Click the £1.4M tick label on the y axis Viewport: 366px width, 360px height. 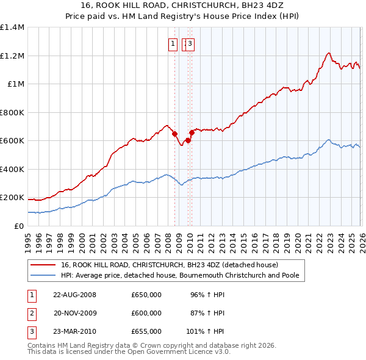tap(12, 27)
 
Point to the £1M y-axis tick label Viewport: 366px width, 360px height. tap(16, 84)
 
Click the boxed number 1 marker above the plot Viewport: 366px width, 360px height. tap(173, 43)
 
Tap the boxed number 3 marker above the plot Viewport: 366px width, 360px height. tap(190, 43)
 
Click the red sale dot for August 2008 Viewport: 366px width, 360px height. tap(174, 134)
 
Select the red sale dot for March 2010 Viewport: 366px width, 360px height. tap(192, 132)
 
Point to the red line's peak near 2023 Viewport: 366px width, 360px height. tap(329, 53)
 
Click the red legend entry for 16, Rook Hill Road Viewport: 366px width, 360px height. tap(170, 265)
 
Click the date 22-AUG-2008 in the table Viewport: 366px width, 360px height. tap(75, 295)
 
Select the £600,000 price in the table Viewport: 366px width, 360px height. tap(146, 313)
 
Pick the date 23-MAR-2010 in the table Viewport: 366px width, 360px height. tap(75, 331)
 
